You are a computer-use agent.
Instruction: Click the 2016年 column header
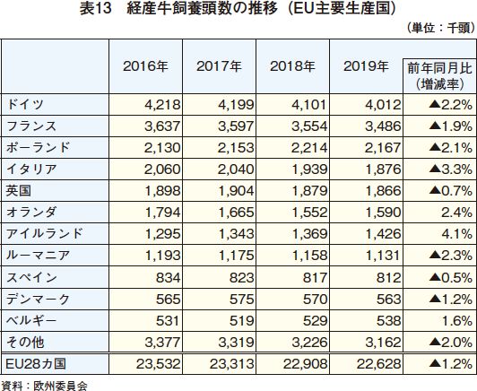pyautogui.click(x=145, y=66)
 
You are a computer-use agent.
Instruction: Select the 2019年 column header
pyautogui.click(x=366, y=66)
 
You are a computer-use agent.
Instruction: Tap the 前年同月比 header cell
pyautogui.click(x=439, y=76)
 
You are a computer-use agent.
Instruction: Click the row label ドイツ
pyautogui.click(x=25, y=105)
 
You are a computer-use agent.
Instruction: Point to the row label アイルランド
pyautogui.click(x=45, y=234)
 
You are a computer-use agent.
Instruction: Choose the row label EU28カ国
pyautogui.click(x=36, y=363)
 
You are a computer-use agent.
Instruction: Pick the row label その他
pyautogui.click(x=25, y=343)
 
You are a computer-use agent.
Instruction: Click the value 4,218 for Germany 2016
pyautogui.click(x=162, y=105)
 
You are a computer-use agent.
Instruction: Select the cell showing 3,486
pyautogui.click(x=383, y=126)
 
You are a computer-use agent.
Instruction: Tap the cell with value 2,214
pyautogui.click(x=309, y=148)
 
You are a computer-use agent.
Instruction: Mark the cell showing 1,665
pyautogui.click(x=236, y=212)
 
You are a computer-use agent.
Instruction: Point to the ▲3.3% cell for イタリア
pyautogui.click(x=450, y=169)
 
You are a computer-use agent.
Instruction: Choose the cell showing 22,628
pyautogui.click(x=378, y=363)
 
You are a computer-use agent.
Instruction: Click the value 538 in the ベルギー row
pyautogui.click(x=389, y=321)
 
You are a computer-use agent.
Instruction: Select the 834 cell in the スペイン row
pyautogui.click(x=169, y=277)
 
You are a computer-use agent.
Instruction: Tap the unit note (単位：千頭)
pyautogui.click(x=440, y=28)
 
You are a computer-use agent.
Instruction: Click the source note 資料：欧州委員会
pyautogui.click(x=44, y=386)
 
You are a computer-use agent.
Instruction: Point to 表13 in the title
pyautogui.click(x=95, y=9)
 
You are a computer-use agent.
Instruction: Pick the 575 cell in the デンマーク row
pyautogui.click(x=241, y=300)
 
